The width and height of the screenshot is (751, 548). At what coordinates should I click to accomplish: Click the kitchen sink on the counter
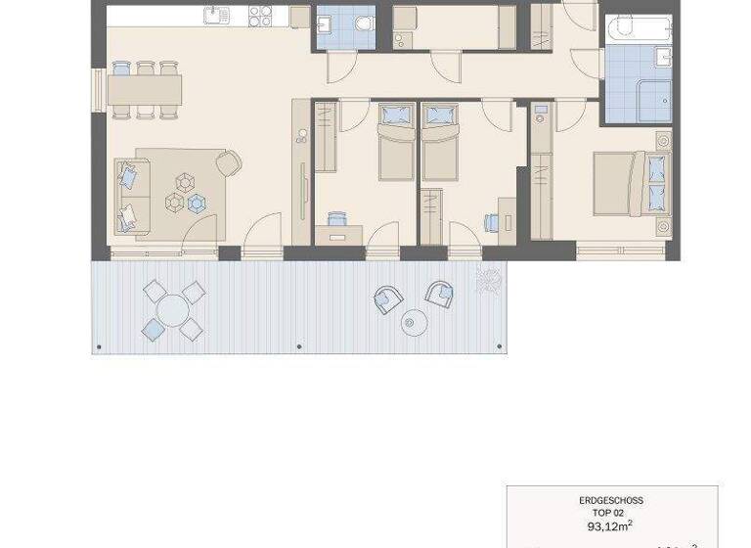(x=216, y=15)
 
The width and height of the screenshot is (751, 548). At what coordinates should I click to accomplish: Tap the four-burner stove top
(x=260, y=16)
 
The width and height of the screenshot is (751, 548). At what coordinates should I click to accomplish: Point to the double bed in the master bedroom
(x=631, y=183)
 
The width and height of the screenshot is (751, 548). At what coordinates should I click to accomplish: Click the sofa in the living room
(x=127, y=197)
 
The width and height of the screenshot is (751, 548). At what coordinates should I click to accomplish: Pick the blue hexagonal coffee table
(x=198, y=204)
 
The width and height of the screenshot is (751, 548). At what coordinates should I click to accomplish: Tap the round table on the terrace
(x=173, y=311)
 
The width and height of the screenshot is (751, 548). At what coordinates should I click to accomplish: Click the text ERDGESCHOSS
(x=611, y=500)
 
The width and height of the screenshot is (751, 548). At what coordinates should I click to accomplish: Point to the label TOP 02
(x=611, y=513)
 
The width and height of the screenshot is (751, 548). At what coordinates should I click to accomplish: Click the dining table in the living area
(x=145, y=90)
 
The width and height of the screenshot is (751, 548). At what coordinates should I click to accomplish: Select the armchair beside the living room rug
(x=230, y=162)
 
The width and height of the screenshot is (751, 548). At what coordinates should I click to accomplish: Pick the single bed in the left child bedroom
(x=396, y=144)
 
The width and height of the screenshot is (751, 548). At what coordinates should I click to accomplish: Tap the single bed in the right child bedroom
(x=440, y=144)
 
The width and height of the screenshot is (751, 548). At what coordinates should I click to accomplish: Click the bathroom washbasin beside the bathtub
(x=664, y=58)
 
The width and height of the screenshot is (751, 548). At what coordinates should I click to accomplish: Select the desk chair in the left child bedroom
(x=336, y=219)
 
